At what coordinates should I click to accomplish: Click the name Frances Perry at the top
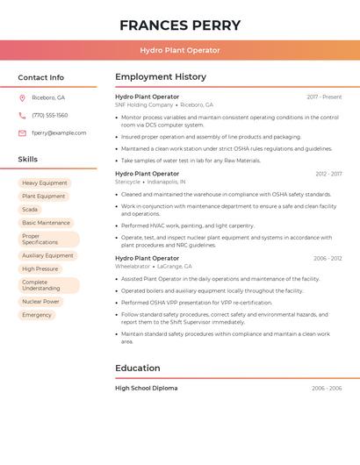click(180, 25)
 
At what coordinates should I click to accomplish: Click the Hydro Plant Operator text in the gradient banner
click(180, 50)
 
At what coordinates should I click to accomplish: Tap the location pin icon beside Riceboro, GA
click(22, 97)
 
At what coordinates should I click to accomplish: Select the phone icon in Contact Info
click(22, 115)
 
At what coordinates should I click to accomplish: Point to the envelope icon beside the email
click(22, 133)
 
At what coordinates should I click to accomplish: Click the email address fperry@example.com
click(59, 133)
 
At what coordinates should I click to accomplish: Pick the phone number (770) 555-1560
click(49, 115)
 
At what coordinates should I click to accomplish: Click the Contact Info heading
click(40, 77)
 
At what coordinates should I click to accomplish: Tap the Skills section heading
click(28, 160)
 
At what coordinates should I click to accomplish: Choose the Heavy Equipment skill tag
click(44, 183)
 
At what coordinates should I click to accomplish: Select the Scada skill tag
click(30, 210)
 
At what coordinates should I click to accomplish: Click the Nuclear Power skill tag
click(40, 301)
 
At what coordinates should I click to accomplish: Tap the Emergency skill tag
click(37, 314)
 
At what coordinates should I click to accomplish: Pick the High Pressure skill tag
click(40, 268)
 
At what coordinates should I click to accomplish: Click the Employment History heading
click(161, 77)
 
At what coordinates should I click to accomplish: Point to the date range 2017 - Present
click(324, 97)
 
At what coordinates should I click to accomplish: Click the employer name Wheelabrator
click(133, 266)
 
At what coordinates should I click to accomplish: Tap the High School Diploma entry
click(146, 388)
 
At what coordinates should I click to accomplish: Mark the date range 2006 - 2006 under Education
click(327, 388)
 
